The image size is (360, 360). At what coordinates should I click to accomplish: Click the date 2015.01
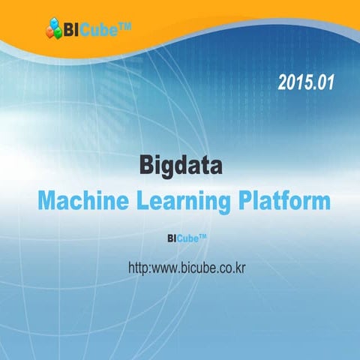click(304, 82)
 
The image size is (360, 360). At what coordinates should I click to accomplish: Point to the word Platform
click(284, 201)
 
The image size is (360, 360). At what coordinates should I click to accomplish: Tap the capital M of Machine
click(50, 201)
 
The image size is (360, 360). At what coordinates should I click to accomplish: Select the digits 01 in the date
click(323, 82)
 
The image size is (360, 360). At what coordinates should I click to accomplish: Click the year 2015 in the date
click(295, 82)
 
